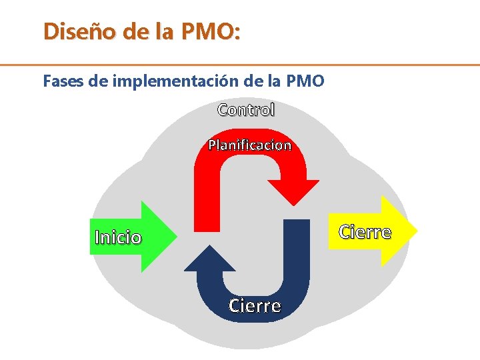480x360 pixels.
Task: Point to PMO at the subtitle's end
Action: pos(305,82)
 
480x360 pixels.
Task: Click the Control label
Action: pos(246,110)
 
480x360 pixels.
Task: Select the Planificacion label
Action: pos(250,145)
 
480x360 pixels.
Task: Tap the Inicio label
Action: pos(119,237)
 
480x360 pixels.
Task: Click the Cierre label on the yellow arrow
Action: pos(365,232)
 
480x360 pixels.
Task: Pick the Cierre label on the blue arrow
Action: pos(255,306)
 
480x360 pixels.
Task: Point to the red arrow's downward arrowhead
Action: pos(293,193)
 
